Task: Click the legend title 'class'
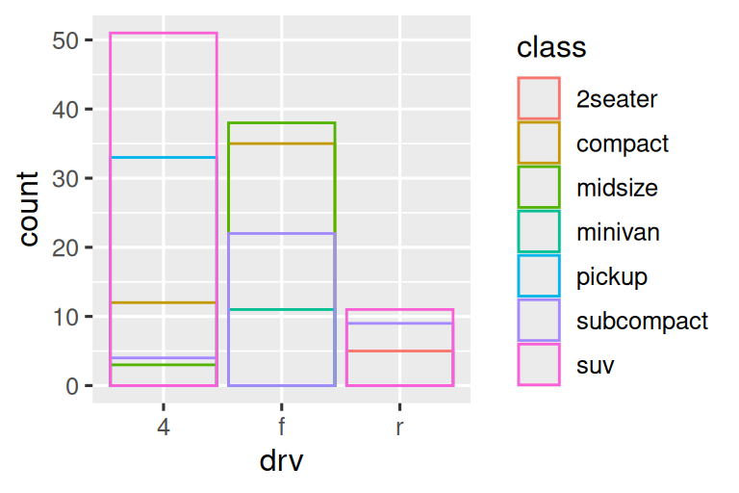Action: tap(551, 47)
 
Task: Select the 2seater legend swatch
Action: tap(539, 97)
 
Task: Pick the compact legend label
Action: tap(622, 143)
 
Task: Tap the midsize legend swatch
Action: tap(539, 188)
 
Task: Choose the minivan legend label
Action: tap(618, 232)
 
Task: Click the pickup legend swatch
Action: tap(539, 276)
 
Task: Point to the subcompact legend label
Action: tap(642, 321)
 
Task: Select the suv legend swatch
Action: tap(539, 365)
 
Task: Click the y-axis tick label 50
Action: tap(67, 40)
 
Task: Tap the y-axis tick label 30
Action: tap(67, 178)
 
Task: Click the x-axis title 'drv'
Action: tap(281, 461)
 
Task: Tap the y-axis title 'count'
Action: tap(29, 209)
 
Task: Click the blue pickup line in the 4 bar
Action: tap(164, 157)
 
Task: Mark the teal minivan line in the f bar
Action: tap(281, 309)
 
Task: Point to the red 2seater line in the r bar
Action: tap(398, 350)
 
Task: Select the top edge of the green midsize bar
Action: tap(281, 122)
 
